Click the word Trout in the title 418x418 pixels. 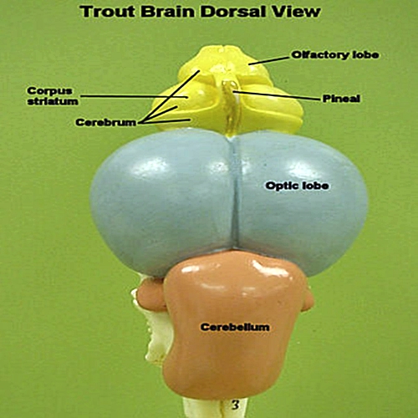(108, 12)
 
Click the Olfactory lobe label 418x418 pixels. (335, 54)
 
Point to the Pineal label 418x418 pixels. (341, 99)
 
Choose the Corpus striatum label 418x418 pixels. (53, 96)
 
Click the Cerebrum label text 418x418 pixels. (106, 122)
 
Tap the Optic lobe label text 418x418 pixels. (297, 186)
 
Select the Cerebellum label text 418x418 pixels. (235, 327)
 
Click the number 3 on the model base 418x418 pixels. (236, 405)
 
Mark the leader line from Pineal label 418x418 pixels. (276, 95)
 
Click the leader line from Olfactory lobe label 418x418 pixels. (269, 61)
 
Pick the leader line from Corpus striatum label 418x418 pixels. (134, 96)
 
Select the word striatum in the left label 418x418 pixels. (53, 101)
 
